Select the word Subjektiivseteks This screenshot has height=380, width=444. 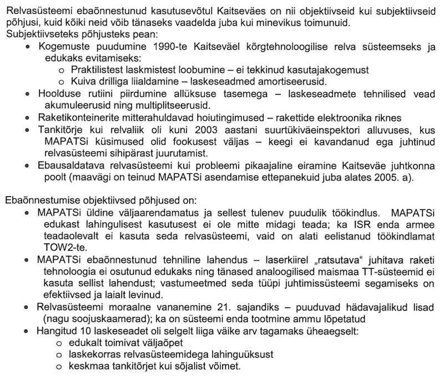point(37,33)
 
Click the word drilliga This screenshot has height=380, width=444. point(111,81)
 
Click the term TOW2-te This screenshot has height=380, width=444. point(62,247)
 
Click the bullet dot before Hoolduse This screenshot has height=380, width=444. point(28,94)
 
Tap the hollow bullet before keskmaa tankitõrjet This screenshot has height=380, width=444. point(59,367)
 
